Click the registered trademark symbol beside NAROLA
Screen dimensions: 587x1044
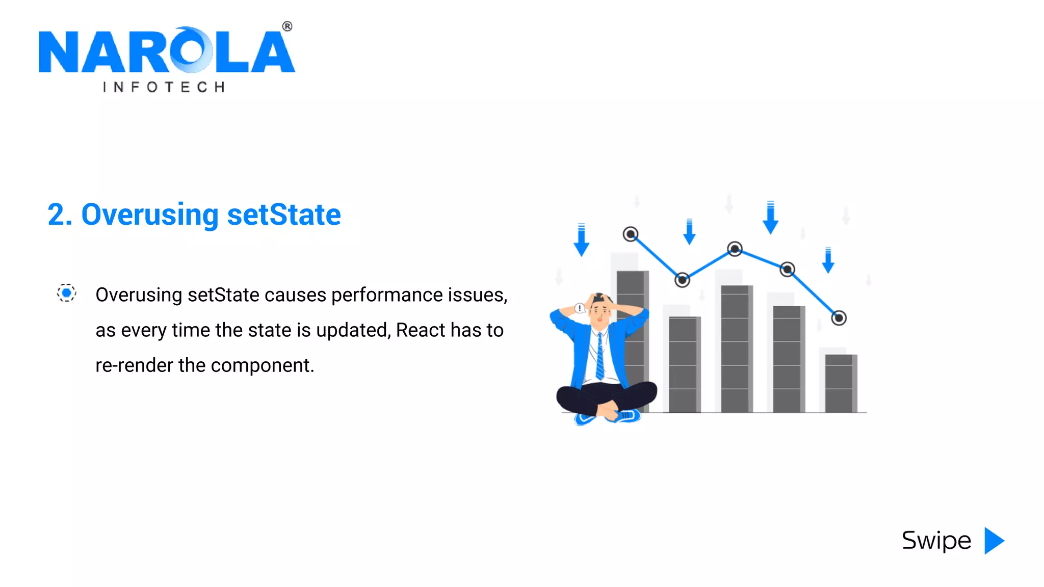288,26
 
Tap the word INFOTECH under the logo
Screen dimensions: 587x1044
164,87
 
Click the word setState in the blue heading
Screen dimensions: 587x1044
283,215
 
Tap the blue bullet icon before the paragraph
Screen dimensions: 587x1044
66,293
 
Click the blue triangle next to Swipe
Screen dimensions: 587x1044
994,541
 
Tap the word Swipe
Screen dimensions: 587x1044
936,541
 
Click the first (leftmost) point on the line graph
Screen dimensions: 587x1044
631,234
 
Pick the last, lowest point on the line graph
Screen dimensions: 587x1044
839,318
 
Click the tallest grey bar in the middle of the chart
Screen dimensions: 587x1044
736,349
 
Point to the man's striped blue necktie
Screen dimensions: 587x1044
600,357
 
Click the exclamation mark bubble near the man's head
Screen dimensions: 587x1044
580,308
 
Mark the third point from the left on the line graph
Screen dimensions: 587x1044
735,249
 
